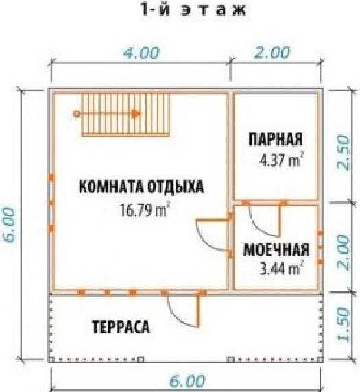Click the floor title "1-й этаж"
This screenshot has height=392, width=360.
pos(193,10)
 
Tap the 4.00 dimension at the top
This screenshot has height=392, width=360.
pos(141,53)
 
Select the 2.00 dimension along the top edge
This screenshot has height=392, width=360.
pos(272,52)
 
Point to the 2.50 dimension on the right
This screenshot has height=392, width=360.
pos(344,153)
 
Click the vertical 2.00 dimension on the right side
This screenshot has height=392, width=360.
pos(344,252)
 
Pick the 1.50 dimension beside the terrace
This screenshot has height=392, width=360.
pos(344,324)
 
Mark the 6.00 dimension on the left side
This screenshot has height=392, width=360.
pos(11,225)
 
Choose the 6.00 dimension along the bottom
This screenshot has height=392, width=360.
pos(187,381)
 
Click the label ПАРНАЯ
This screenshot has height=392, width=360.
pos(276,139)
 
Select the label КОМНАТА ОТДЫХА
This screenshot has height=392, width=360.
pos(141,186)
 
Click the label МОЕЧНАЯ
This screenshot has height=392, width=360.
pos(276,249)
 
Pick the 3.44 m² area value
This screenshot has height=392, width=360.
pos(282,268)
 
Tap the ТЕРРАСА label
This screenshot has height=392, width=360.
pos(121,326)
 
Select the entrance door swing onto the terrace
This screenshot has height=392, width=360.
pos(184,310)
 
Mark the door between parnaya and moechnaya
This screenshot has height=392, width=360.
pos(264,219)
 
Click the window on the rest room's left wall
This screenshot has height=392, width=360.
pos(51,203)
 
